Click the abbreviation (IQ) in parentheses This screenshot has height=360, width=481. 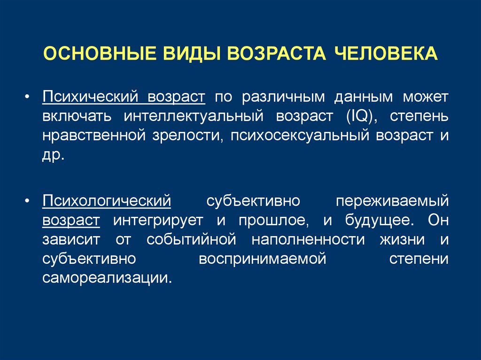[x=361, y=116]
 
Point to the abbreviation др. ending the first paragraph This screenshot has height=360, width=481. [x=53, y=155]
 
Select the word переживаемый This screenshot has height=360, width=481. [x=392, y=201]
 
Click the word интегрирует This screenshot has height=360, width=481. [x=157, y=220]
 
